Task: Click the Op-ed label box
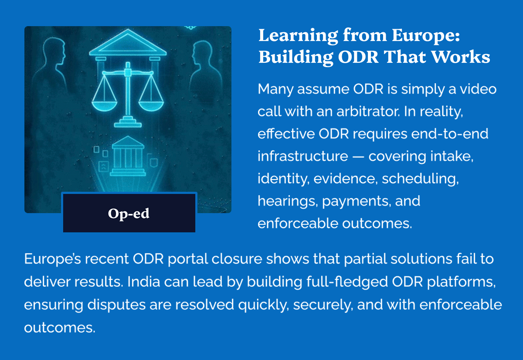tap(129, 212)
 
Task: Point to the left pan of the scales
tap(104, 105)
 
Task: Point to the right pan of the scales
tap(151, 105)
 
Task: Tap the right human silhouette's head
tap(202, 52)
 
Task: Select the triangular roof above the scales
tap(128, 43)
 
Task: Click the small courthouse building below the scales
tap(128, 156)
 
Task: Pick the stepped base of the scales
tap(128, 122)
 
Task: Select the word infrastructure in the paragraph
tap(303, 156)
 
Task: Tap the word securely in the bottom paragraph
tap(323, 305)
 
